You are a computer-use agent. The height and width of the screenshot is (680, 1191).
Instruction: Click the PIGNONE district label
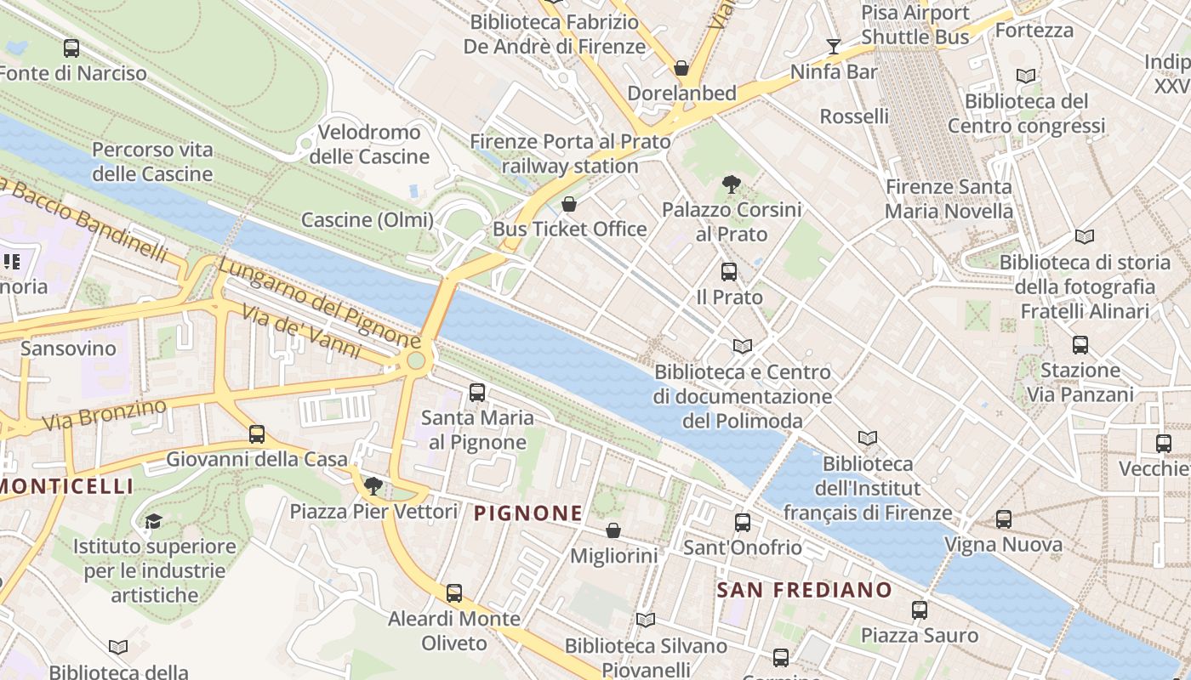pos(527,513)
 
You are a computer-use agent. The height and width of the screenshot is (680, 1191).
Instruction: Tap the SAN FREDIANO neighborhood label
pos(804,590)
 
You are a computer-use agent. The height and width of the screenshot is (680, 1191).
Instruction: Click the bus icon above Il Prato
pos(729,272)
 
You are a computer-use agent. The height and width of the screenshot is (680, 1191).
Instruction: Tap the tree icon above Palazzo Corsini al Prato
pos(731,184)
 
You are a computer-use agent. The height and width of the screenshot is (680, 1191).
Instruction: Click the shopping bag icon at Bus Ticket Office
pos(569,204)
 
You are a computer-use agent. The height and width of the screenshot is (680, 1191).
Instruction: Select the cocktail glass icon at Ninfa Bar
pos(833,47)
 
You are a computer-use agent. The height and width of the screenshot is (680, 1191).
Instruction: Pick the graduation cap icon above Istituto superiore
pos(153,521)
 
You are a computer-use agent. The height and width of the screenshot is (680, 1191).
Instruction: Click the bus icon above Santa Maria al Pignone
pos(477,393)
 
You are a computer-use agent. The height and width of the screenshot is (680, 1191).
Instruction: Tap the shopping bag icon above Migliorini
pos(613,531)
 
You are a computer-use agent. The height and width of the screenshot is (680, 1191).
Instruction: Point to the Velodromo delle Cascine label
pos(369,144)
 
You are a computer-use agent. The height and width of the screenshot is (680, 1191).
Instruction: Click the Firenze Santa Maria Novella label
pos(949,199)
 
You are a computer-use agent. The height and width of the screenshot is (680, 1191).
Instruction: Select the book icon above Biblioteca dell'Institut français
pos(867,439)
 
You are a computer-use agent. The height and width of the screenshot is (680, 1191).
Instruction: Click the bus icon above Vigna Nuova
pos(1004,519)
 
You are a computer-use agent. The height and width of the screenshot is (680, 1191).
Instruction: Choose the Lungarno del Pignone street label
pos(319,303)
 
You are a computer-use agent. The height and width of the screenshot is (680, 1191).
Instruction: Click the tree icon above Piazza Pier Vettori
pos(373,486)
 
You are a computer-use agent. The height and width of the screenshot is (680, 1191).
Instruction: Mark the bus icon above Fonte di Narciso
pos(71,48)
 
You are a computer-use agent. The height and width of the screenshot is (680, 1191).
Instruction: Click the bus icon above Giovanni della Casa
pos(257,434)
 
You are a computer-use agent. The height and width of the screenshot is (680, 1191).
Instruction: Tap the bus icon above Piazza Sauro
pos(920,609)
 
